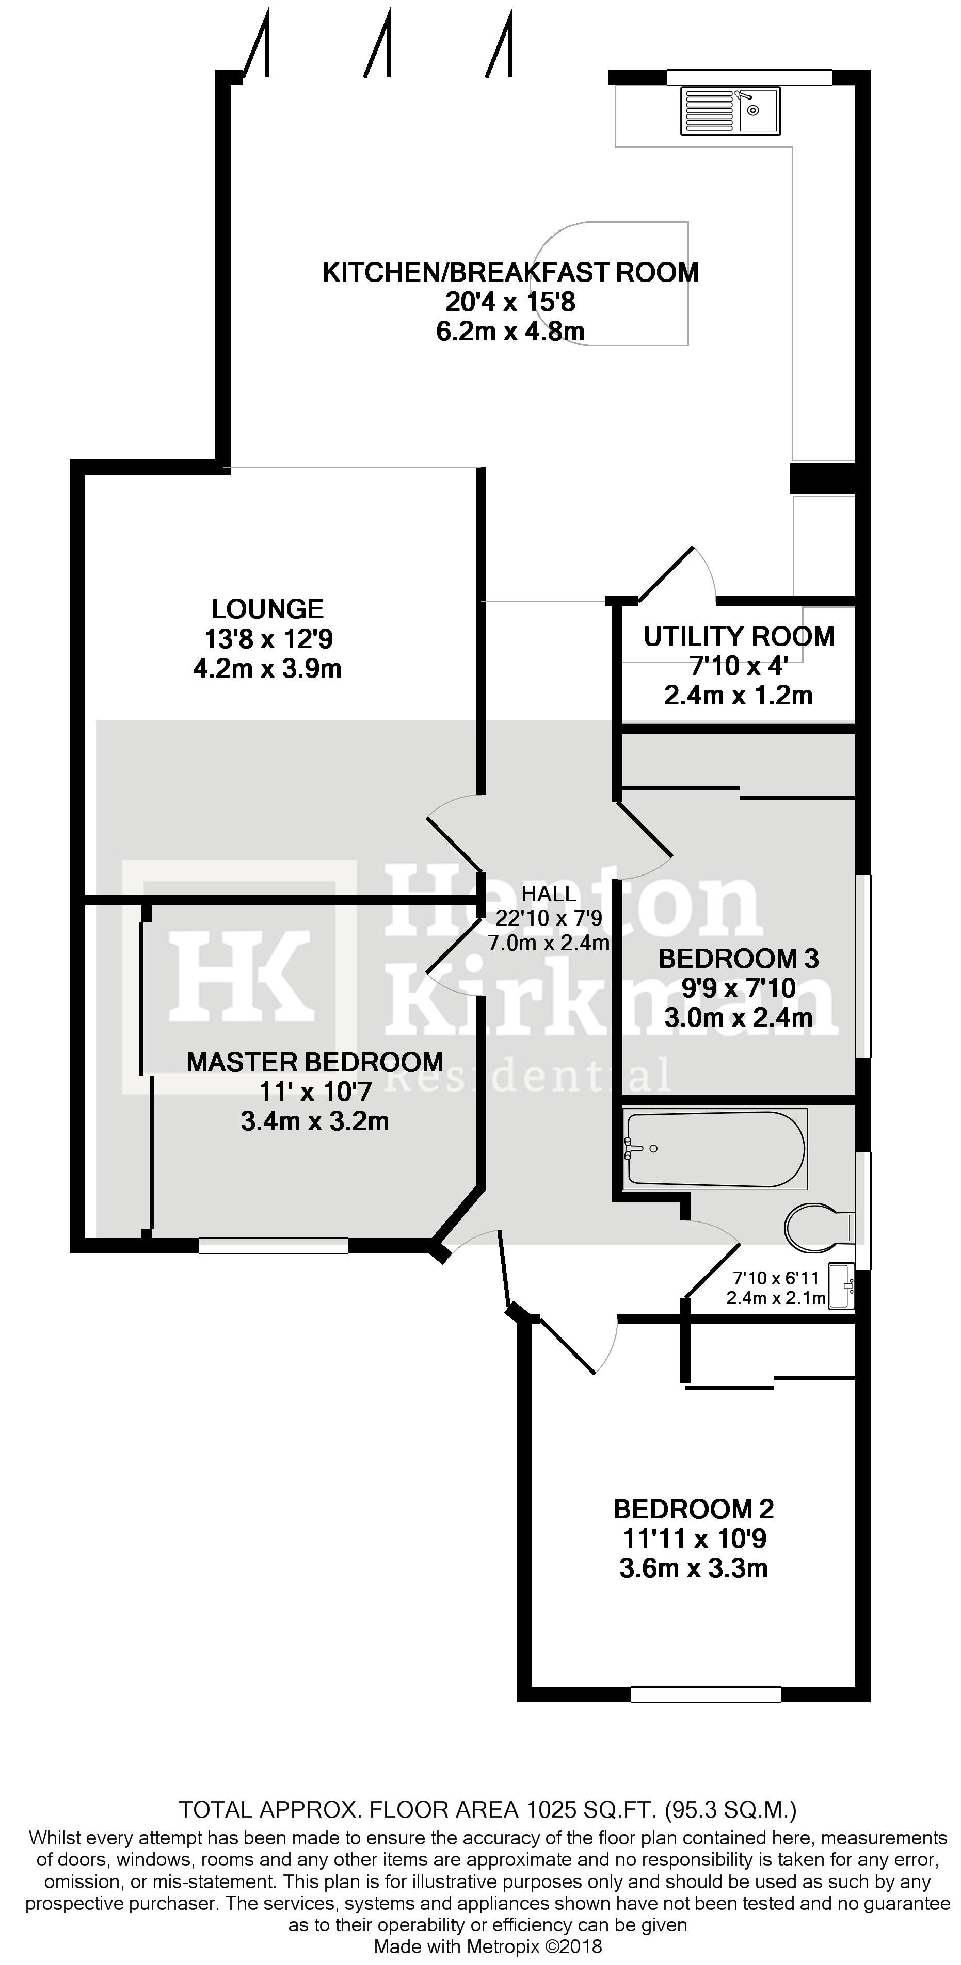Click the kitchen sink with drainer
pos(730,111)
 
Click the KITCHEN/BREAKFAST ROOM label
pos(510,272)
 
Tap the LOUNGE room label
pos(267,609)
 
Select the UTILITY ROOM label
pos(739,636)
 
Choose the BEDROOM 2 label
pos(693,1509)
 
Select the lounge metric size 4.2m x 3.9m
pos(267,669)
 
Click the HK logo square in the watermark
pos(239,977)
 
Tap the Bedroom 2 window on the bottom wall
pos(706,1694)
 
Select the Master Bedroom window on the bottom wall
pos(273,1246)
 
